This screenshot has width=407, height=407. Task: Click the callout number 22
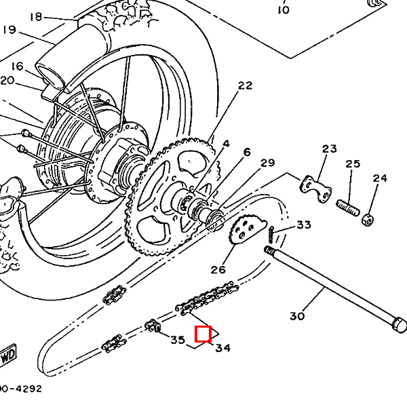coord(245,85)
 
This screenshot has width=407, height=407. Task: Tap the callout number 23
coord(330,149)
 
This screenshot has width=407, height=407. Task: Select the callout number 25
coord(353,164)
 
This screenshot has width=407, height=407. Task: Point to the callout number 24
coord(380,178)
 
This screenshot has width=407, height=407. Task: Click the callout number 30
coord(297,315)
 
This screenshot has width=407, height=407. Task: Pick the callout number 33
coord(304,225)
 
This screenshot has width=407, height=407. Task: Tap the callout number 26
coord(218,269)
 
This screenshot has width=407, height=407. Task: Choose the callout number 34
coord(222,348)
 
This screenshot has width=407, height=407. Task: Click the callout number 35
coord(178,340)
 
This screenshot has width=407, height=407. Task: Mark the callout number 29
coord(267,163)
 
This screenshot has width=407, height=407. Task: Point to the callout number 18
coord(36,16)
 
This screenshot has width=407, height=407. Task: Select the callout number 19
coord(9,30)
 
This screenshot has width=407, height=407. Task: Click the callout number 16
coord(18,66)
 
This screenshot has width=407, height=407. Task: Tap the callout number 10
coord(283,9)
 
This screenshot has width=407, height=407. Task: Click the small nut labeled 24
coord(367,219)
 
